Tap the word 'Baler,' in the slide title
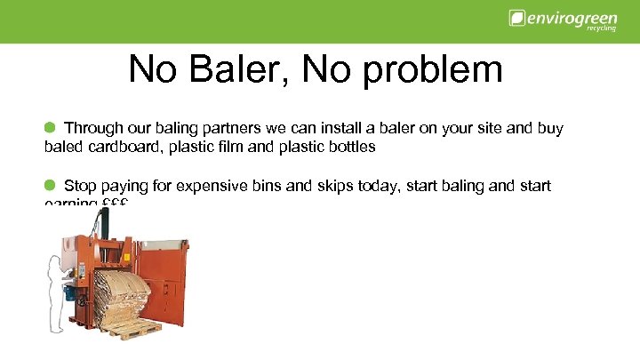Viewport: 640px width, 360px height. (239, 70)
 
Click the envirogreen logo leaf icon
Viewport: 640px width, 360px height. (516, 18)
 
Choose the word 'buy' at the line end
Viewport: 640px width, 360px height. (549, 129)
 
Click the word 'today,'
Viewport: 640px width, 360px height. (392, 186)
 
